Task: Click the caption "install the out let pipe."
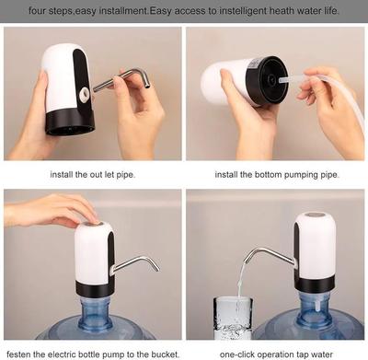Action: point(92,173)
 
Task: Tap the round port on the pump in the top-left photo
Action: point(84,93)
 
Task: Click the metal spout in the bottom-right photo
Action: point(272,256)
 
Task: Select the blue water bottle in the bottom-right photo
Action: point(317,318)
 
